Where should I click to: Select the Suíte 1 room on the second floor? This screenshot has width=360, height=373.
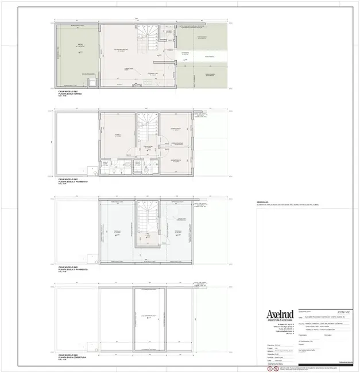coord(118,135)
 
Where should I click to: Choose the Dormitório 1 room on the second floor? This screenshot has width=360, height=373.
coord(176,130)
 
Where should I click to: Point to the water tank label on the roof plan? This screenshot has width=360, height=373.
coord(150,316)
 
